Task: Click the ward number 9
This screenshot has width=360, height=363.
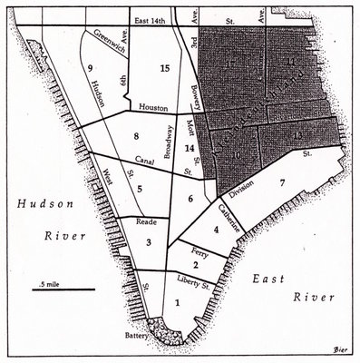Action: [x=91, y=68]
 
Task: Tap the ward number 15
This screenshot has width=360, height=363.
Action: [x=164, y=69]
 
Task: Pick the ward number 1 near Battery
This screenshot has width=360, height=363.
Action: [x=177, y=303]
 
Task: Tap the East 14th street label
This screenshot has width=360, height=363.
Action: [x=151, y=19]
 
